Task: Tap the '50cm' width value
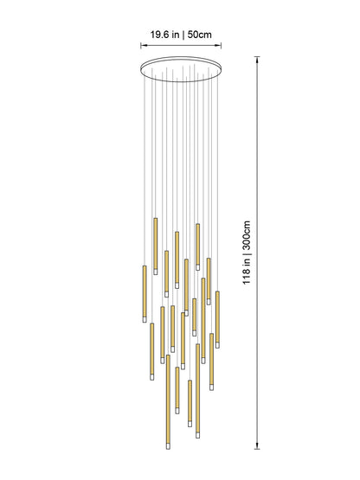click(198, 35)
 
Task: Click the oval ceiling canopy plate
click(181, 66)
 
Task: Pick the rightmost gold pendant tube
click(217, 313)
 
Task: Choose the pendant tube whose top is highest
click(156, 244)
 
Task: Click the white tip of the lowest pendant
click(167, 445)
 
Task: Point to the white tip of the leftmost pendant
click(145, 318)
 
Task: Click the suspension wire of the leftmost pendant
click(145, 173)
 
